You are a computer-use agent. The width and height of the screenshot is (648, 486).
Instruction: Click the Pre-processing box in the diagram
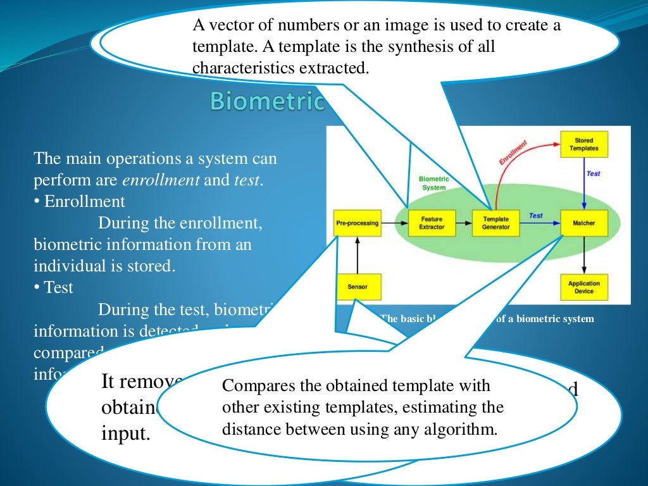(x=357, y=223)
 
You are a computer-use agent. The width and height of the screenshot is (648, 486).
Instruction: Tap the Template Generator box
(x=495, y=223)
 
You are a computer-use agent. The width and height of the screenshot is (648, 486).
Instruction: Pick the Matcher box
(x=583, y=223)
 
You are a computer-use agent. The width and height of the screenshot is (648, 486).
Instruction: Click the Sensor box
(x=357, y=287)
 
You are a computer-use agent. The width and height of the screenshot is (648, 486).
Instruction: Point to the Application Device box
(x=583, y=287)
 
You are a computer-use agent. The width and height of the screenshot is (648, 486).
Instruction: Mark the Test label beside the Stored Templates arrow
(x=593, y=173)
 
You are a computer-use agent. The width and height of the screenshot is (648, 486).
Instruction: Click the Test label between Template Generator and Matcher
(x=535, y=216)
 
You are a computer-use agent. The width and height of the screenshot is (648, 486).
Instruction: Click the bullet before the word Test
(x=37, y=288)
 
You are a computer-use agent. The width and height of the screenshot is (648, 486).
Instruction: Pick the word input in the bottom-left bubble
(x=125, y=434)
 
